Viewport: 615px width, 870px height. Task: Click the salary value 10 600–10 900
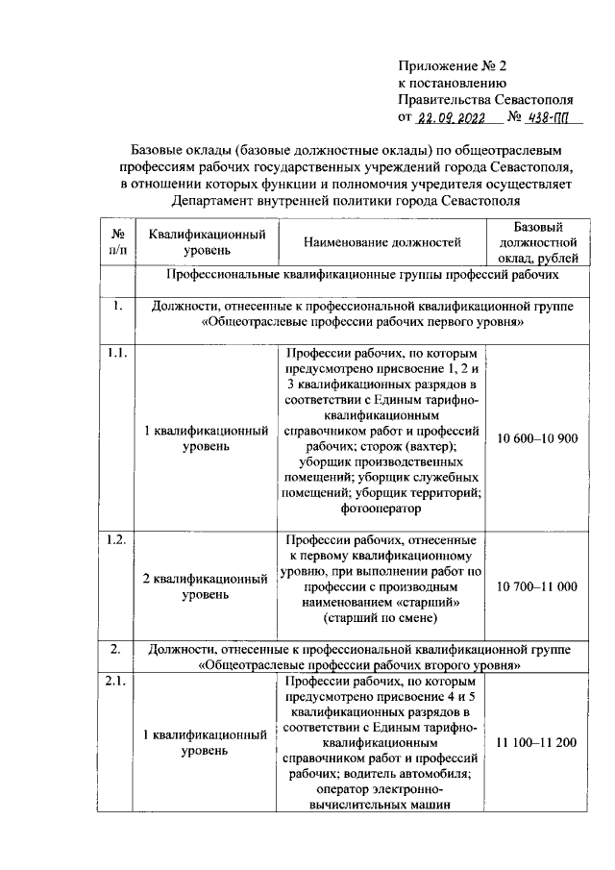(x=536, y=438)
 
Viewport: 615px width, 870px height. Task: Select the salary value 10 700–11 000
(x=536, y=585)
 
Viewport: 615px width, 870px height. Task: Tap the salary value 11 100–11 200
(x=536, y=743)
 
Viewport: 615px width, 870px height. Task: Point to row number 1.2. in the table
(x=116, y=538)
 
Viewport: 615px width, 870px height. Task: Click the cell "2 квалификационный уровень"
(x=205, y=586)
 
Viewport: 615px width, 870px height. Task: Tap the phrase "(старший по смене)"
(x=381, y=619)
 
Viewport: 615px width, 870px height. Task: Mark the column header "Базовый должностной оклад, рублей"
(x=537, y=242)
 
